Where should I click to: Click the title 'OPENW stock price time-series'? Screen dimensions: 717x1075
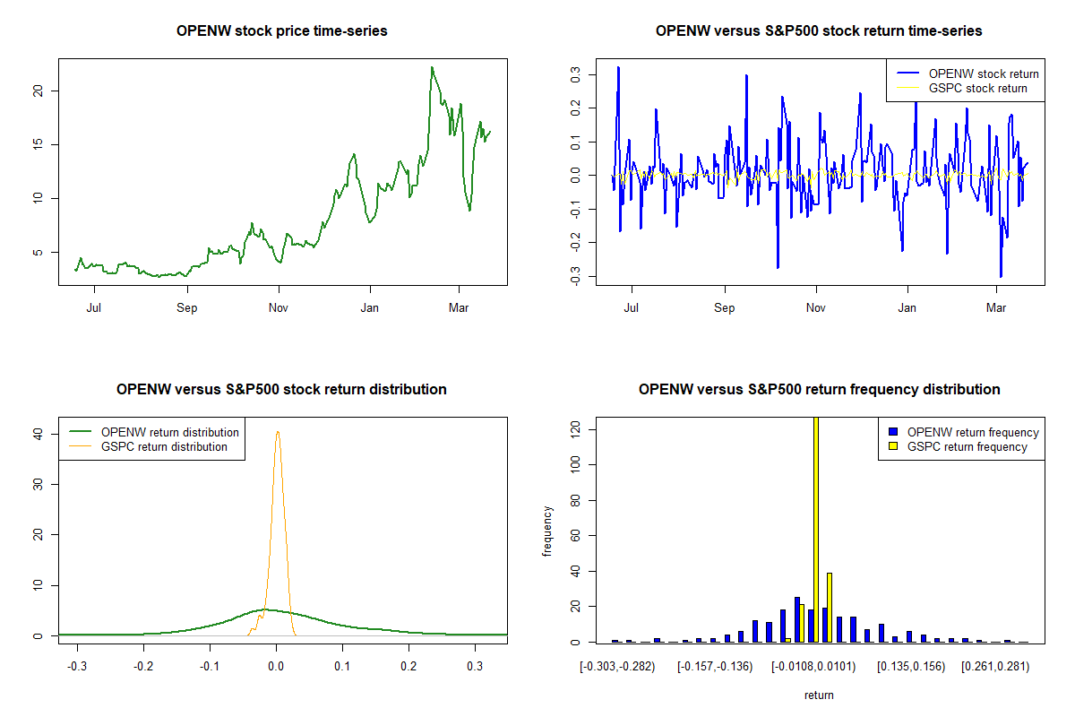pyautogui.click(x=282, y=31)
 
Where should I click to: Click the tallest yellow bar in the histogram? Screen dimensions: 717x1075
pyautogui.click(x=815, y=529)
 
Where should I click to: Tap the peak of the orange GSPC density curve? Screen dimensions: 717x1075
pyautogui.click(x=278, y=432)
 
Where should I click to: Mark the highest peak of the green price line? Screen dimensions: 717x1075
pyautogui.click(x=432, y=67)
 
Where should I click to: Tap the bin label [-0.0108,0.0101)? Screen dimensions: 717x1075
pyautogui.click(x=813, y=667)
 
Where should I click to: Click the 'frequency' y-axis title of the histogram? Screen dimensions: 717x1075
pyautogui.click(x=547, y=531)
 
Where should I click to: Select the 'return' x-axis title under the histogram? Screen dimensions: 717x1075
pyautogui.click(x=819, y=695)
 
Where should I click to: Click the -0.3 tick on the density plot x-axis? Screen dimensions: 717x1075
pyautogui.click(x=78, y=667)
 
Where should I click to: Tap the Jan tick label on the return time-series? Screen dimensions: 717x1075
pyautogui.click(x=908, y=308)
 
